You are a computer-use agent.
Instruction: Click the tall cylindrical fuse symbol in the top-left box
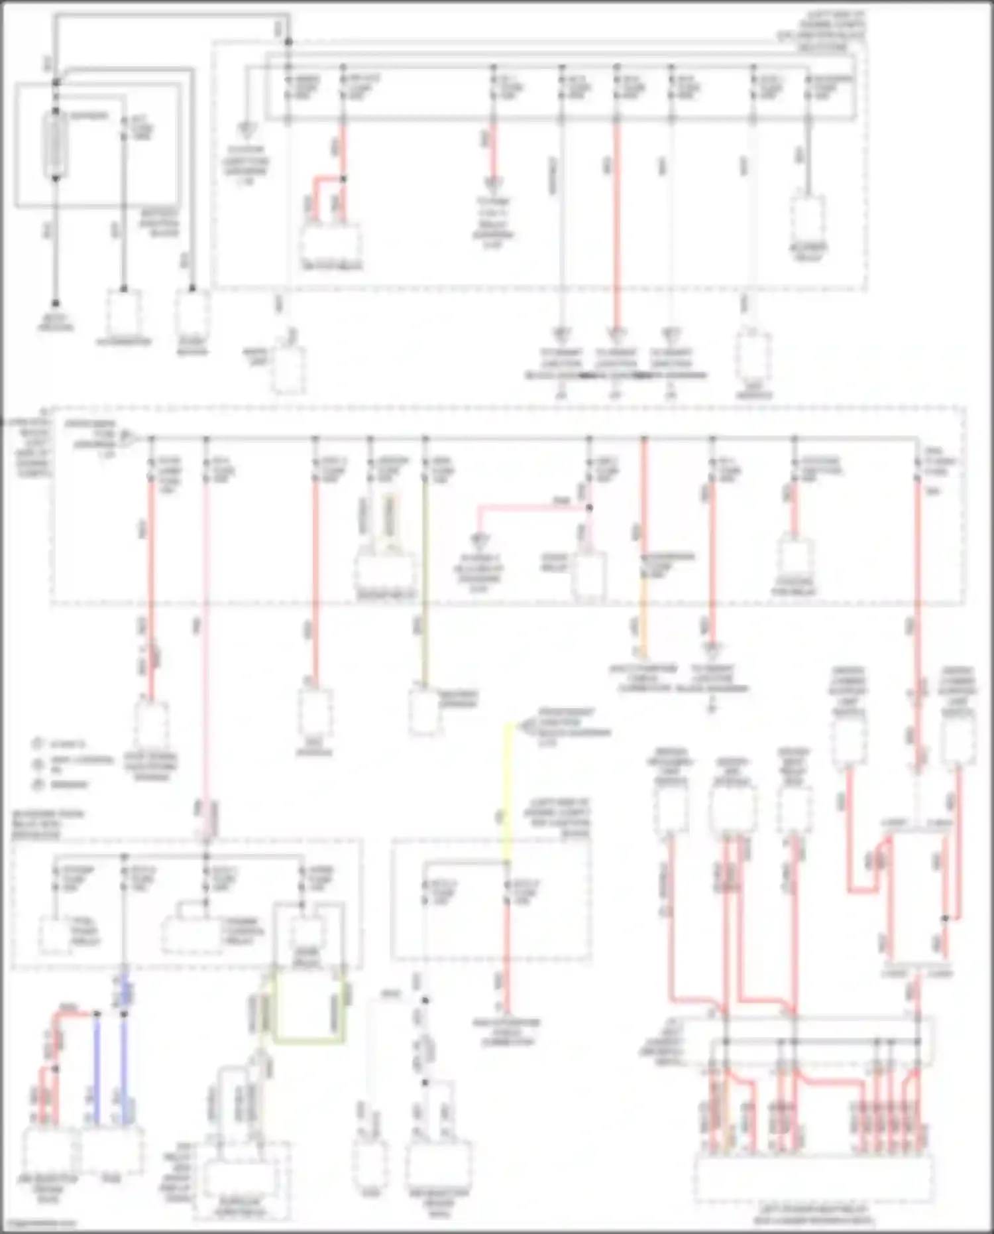tap(56, 145)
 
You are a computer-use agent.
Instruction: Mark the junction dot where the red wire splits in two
tap(343, 179)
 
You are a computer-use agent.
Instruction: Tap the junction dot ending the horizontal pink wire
tap(589, 508)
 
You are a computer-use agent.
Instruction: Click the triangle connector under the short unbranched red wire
tap(493, 182)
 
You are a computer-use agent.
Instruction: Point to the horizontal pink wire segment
tap(530, 508)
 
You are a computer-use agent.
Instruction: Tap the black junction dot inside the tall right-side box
tap(946, 918)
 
